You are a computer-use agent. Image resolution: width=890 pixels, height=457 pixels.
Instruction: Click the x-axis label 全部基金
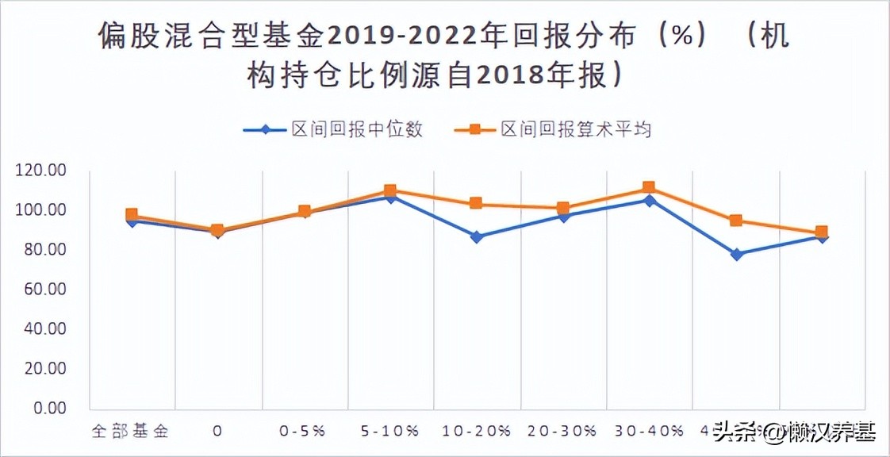(131, 432)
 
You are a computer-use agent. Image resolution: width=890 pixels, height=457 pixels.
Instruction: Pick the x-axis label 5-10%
(389, 432)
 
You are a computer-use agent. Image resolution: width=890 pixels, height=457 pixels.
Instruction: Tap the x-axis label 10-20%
(476, 432)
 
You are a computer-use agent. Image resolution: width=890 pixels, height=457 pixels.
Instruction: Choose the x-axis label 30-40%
(648, 432)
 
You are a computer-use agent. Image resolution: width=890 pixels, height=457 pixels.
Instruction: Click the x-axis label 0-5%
(303, 432)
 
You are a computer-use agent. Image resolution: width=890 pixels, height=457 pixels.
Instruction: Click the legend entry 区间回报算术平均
(575, 129)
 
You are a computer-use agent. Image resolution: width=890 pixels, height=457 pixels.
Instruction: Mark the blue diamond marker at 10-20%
(476, 236)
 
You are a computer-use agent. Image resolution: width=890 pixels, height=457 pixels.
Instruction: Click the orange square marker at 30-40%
(648, 188)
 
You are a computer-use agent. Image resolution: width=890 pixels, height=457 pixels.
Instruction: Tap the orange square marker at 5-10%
(389, 191)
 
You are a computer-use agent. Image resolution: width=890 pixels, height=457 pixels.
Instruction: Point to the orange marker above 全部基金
(132, 214)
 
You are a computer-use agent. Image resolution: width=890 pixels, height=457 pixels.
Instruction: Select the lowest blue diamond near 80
(736, 255)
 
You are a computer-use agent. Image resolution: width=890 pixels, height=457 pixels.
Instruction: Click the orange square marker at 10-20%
(476, 203)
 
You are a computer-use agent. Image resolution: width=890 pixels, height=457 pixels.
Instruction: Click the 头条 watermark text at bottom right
(732, 434)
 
